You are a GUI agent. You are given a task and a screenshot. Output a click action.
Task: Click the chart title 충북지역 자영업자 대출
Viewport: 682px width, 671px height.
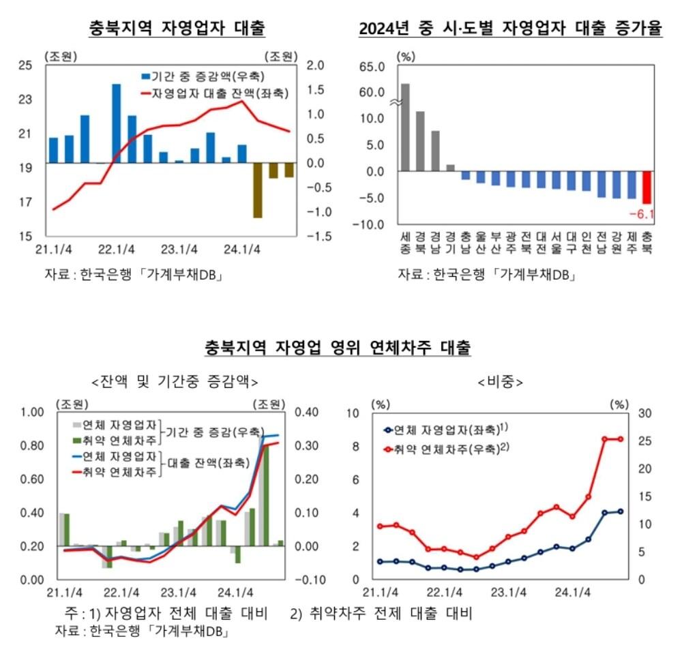tap(177, 29)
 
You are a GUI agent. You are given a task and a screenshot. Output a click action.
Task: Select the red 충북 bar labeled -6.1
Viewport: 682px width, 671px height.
tap(647, 188)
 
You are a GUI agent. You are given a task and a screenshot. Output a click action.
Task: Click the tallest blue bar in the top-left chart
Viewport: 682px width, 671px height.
tap(117, 123)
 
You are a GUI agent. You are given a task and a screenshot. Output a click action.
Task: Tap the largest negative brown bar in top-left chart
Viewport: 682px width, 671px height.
tap(258, 190)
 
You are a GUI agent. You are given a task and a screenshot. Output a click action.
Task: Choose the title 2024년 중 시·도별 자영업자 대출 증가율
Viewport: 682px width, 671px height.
tap(511, 29)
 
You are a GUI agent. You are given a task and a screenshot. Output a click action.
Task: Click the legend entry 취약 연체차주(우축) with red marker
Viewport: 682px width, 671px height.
tap(443, 448)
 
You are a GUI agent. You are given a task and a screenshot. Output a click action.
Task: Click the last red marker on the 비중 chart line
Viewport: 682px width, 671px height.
tap(621, 439)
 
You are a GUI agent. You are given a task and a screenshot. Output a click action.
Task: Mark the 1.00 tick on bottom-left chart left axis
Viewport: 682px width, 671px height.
tap(33, 412)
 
